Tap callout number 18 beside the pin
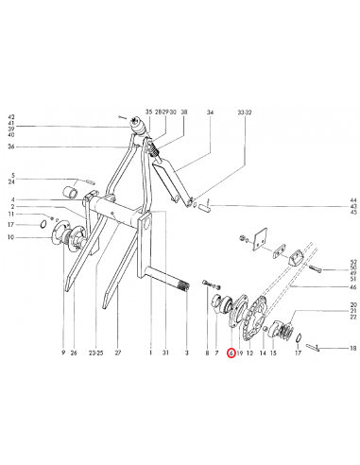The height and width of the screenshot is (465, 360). click(352, 350)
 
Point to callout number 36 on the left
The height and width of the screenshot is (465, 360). click(12, 146)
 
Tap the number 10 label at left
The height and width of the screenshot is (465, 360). click(12, 237)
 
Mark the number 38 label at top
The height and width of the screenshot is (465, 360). click(184, 112)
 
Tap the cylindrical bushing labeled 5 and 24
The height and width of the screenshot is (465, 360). click(69, 194)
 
